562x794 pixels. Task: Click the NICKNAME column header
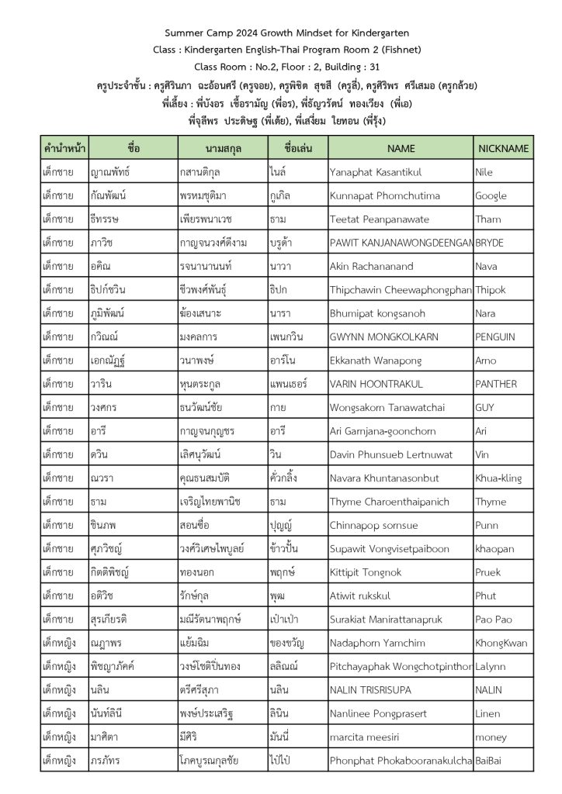coord(503,148)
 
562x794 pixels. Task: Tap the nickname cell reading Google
coord(491,196)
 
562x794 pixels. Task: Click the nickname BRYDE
coord(489,243)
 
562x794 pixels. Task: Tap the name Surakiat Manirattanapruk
coord(393,620)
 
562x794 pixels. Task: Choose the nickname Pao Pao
coord(493,620)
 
